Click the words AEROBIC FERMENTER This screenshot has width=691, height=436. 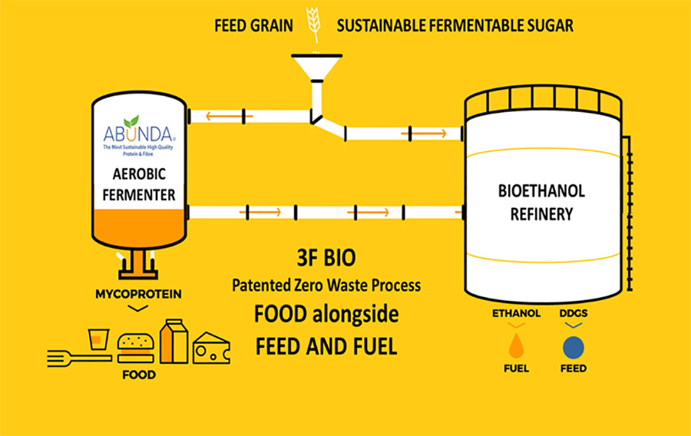140,184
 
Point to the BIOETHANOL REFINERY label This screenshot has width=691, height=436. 541,203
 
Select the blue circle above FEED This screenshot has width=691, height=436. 574,348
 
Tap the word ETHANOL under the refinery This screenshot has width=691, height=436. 516,313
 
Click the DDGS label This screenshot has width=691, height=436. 574,313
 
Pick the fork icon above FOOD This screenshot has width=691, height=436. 70,355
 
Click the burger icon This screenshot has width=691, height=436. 135,346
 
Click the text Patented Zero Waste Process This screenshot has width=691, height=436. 326,286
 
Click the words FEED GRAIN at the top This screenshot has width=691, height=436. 254,25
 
